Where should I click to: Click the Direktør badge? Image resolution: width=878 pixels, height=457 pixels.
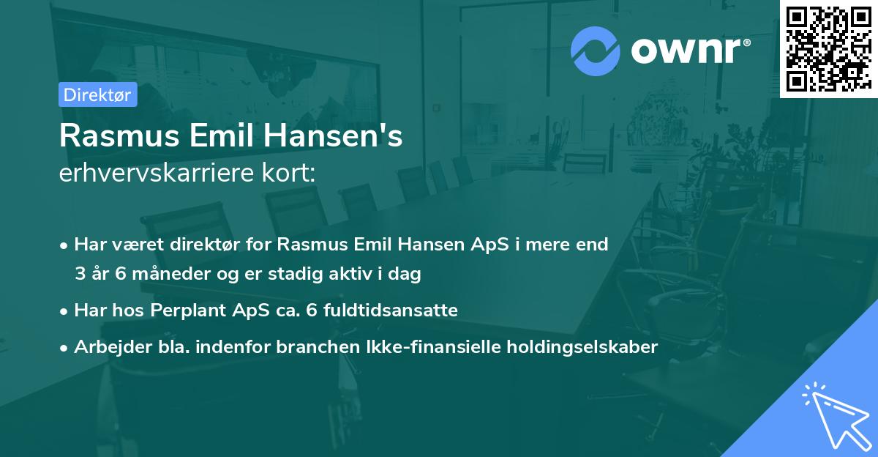98,94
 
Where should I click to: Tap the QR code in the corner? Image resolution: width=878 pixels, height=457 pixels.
828,49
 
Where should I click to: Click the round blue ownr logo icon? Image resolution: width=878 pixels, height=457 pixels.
596,51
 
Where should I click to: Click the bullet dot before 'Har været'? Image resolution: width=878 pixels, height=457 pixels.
65,245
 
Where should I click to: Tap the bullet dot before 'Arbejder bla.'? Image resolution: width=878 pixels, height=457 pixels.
65,348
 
